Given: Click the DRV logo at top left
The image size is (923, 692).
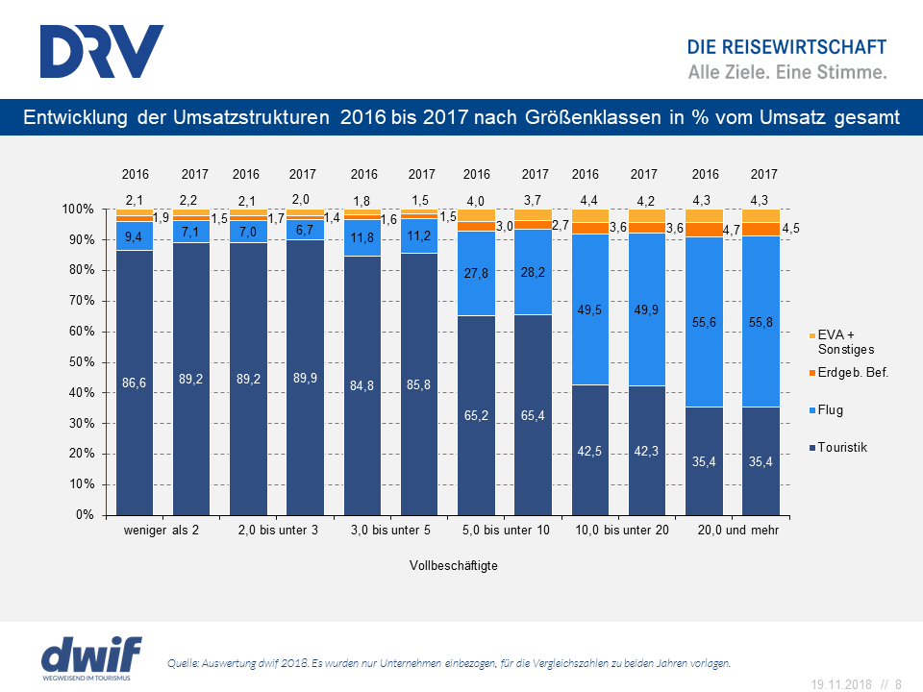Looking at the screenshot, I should coord(102,51).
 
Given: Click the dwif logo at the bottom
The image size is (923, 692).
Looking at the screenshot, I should coord(91,656).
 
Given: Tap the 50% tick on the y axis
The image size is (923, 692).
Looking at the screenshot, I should coord(80,362).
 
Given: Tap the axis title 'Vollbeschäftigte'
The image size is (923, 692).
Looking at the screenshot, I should coord(453,566).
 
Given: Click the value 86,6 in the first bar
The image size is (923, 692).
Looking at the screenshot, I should coord(135,382).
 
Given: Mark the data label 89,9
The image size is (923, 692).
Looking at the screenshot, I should coord(305,378).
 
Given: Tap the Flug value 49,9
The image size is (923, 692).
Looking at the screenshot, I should coord(647,309).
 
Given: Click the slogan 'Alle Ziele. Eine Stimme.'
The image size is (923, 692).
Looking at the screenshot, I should coord(787,72).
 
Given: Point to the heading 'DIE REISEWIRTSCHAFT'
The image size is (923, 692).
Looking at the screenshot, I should coord(786,48).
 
